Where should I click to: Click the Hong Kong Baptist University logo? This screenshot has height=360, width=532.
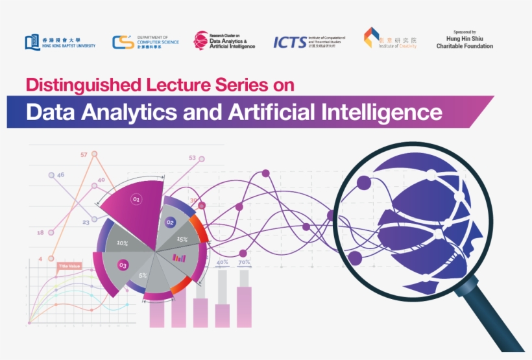point(60,42)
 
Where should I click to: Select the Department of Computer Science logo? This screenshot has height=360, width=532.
point(145,42)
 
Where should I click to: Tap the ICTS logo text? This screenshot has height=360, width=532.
point(289,42)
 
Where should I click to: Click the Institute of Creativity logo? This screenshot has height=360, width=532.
point(390,39)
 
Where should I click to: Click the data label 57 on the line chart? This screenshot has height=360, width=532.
point(84,155)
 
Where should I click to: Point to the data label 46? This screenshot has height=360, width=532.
point(60,174)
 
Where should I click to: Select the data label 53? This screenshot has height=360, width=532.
point(192,158)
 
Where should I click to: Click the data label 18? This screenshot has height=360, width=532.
point(40,232)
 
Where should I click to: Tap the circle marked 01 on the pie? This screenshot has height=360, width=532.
point(136,199)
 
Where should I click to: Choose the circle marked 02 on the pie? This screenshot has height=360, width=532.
point(171,222)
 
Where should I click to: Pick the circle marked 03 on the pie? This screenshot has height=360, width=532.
point(123,265)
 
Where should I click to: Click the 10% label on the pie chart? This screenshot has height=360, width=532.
point(122,243)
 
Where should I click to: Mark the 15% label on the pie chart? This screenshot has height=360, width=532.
point(182,239)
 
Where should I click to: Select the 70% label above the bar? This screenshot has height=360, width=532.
point(245,262)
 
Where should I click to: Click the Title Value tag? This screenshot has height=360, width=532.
point(69,266)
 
